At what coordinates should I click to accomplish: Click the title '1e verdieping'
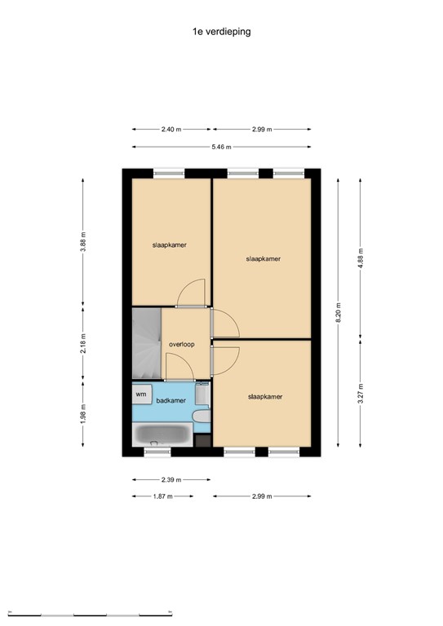pyautogui.click(x=222, y=32)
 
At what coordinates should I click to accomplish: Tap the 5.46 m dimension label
pyautogui.click(x=221, y=147)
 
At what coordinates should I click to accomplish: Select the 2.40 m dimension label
pyautogui.click(x=171, y=129)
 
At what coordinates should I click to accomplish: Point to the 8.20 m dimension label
pyautogui.click(x=338, y=311)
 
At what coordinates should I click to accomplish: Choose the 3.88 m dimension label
pyautogui.click(x=83, y=243)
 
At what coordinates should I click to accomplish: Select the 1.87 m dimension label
pyautogui.click(x=162, y=496)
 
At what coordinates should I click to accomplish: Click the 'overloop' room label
pyautogui.click(x=181, y=344)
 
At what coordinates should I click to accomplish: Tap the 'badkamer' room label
pyautogui.click(x=171, y=400)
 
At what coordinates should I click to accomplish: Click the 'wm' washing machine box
pyautogui.click(x=141, y=394)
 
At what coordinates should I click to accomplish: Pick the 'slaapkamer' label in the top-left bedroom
pyautogui.click(x=169, y=245)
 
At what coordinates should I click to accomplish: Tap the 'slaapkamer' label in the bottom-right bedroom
pyautogui.click(x=265, y=397)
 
